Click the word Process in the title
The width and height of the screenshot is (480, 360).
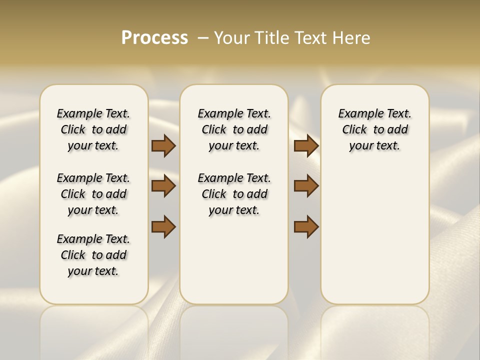coord(154,37)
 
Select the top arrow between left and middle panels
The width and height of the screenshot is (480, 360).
coord(163,145)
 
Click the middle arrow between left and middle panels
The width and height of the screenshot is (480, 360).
coord(163,186)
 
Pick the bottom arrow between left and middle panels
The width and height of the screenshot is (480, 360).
coord(163,226)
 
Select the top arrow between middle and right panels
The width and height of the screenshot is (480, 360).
coord(306,145)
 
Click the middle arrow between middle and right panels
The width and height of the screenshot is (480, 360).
coord(306,186)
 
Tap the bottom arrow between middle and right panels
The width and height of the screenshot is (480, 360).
coord(306,226)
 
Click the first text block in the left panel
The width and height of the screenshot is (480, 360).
coord(93,129)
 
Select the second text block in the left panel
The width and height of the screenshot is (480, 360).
coord(93,194)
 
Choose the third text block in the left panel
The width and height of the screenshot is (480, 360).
coord(93,255)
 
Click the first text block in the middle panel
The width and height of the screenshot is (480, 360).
coord(234,129)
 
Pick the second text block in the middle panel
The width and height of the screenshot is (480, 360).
coord(234,194)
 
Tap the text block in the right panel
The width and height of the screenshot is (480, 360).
coord(374,129)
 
